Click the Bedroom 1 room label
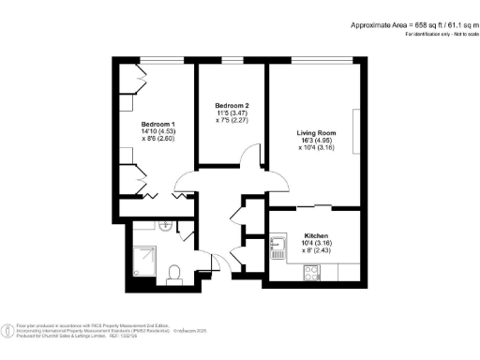pos(158,124)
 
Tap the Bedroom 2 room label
pos(231,105)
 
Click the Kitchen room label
pos(316,235)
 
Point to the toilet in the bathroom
pos(172,273)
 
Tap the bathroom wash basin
pos(165,225)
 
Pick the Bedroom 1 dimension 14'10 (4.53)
pos(158,132)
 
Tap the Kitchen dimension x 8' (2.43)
pos(316,251)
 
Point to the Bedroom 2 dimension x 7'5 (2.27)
pos(231,120)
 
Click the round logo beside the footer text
pos(9,329)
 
